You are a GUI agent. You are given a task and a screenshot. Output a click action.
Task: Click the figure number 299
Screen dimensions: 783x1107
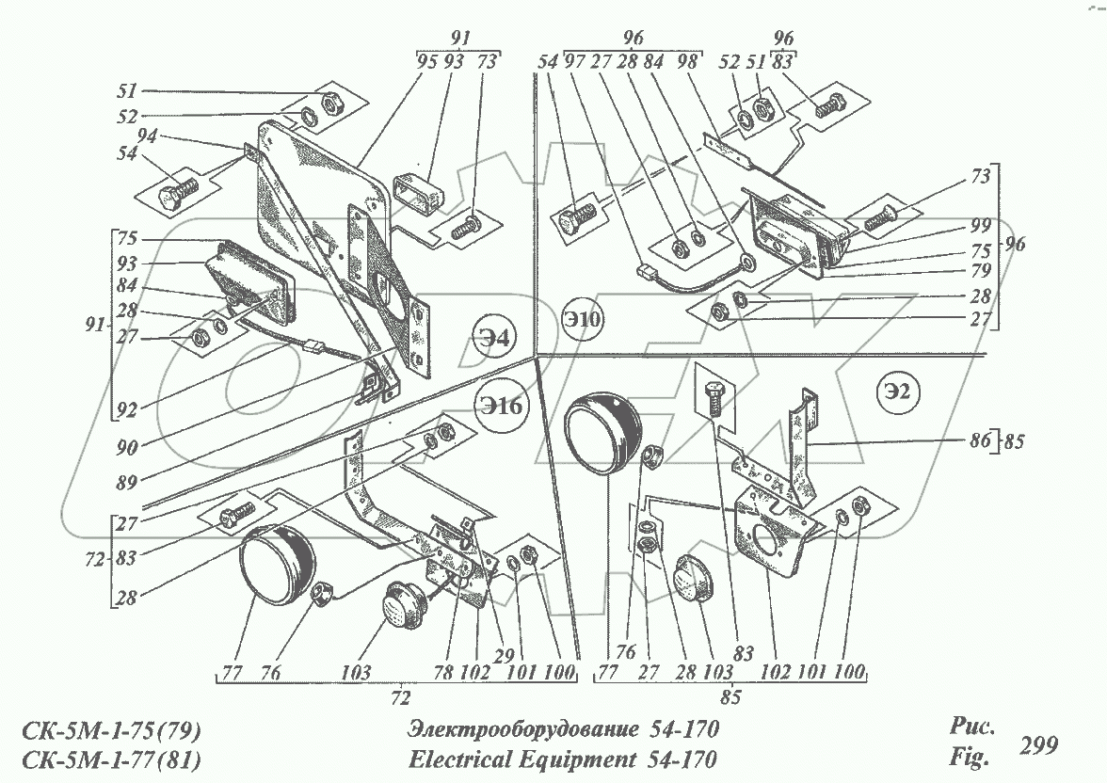tap(1039, 745)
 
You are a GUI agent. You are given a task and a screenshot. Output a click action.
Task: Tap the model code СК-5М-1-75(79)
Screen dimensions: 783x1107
tap(109, 732)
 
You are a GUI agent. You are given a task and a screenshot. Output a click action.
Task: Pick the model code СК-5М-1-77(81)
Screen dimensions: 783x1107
tap(109, 759)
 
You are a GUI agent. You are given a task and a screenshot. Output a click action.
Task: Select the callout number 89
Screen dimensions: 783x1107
tap(126, 481)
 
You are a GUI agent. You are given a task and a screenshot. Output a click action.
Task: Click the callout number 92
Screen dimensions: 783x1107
tap(126, 410)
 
